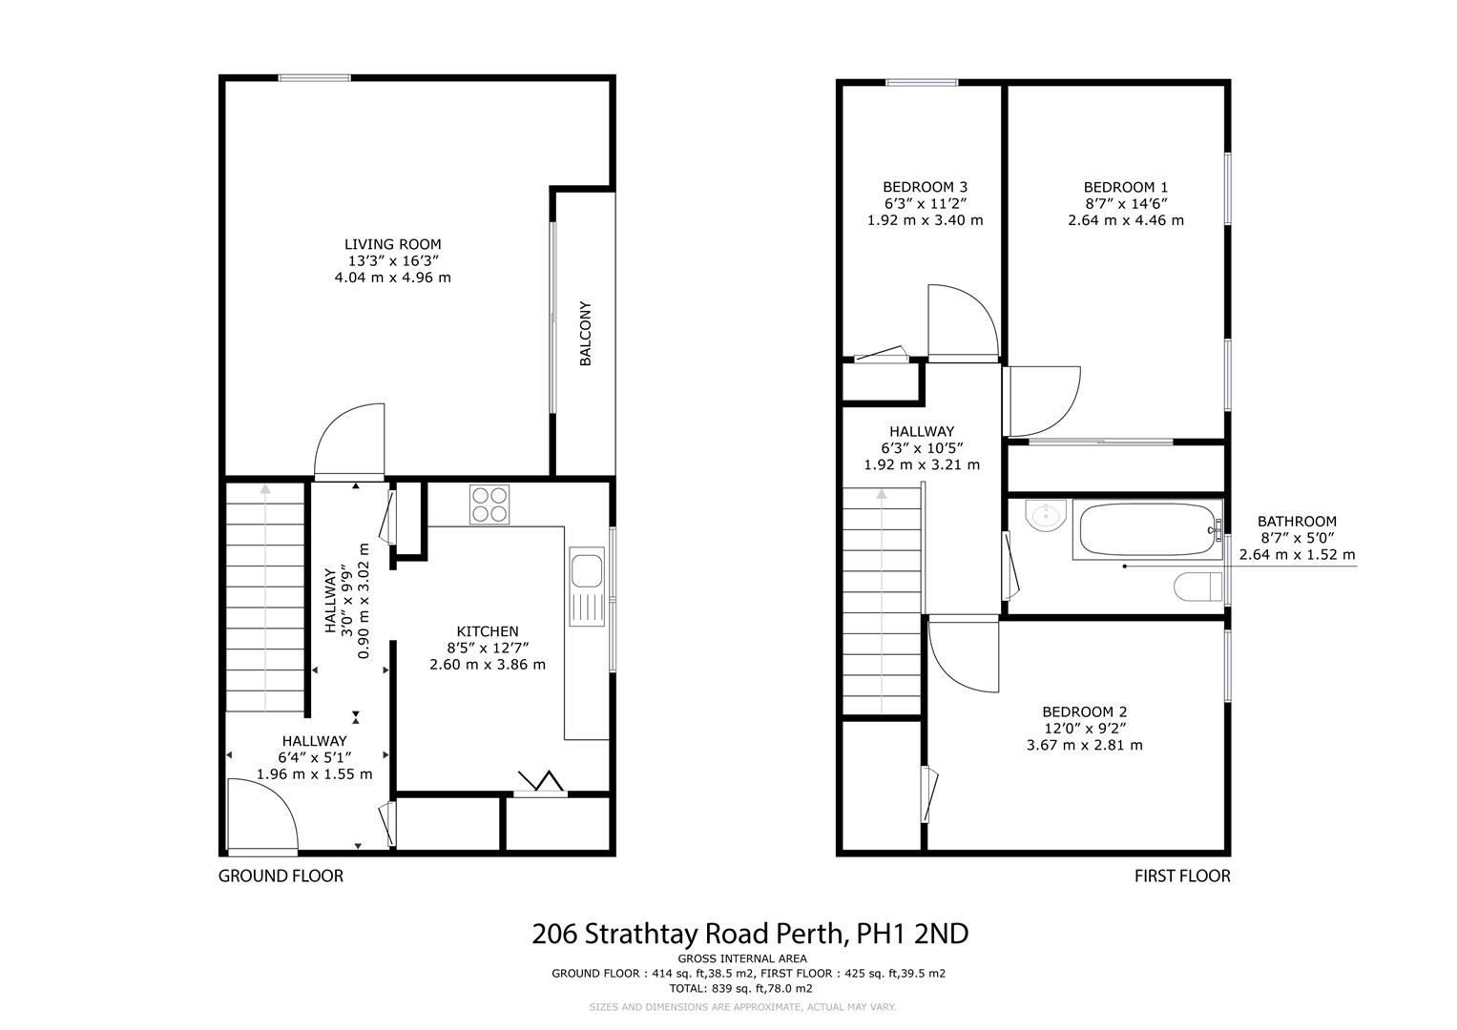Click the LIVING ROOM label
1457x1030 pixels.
[392, 244]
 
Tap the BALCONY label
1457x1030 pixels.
[585, 334]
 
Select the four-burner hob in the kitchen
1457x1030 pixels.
[490, 504]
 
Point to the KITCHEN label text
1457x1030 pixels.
[487, 631]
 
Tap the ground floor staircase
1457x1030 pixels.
[264, 598]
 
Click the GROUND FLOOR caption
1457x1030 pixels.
[281, 875]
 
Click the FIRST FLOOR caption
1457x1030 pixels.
[1181, 875]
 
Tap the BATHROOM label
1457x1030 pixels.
[1296, 522]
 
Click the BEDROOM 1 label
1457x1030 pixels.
[1125, 187]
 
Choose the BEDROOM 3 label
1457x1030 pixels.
[924, 187]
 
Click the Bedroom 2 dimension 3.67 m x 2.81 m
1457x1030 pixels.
[1084, 745]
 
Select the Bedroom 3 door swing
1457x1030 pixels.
[962, 321]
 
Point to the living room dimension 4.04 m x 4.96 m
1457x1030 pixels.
[392, 278]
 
